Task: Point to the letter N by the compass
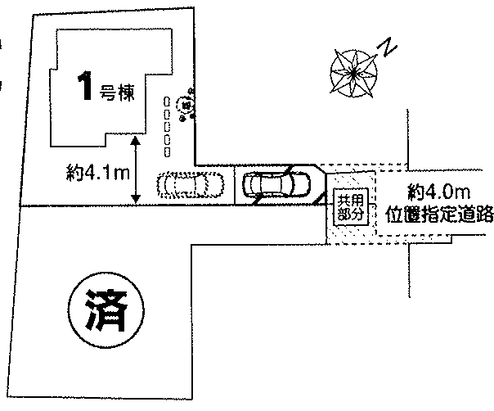pos(388,49)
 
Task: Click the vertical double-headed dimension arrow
pos(137,169)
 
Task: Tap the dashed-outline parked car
pos(191,185)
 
